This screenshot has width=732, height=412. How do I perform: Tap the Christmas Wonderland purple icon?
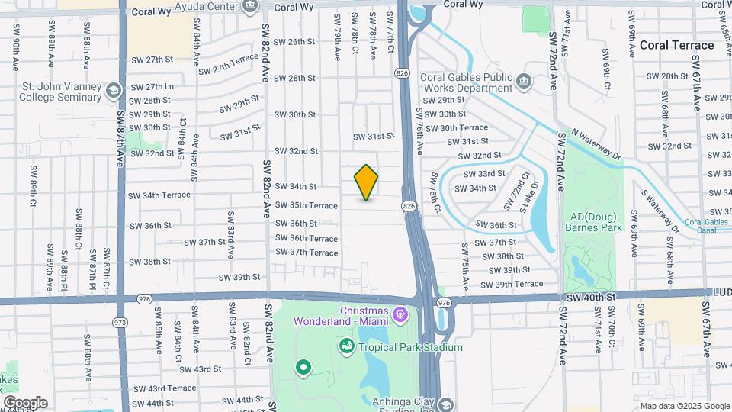point(398,313)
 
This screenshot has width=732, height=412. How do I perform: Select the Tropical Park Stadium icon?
point(347,347)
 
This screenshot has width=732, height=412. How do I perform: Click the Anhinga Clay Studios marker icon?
point(445,404)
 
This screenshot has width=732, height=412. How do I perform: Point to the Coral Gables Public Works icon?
point(523,81)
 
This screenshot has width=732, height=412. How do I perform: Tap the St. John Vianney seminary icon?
point(114,92)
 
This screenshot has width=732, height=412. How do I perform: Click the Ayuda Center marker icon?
point(249,8)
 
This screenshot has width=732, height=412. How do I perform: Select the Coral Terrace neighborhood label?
point(677,45)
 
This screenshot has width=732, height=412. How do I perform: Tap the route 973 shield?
point(120,322)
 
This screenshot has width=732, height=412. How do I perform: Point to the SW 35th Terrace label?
point(307,205)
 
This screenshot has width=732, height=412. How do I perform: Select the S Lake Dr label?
point(529,196)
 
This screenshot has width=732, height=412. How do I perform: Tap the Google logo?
point(25,402)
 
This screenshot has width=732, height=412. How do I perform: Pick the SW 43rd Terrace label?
point(165,388)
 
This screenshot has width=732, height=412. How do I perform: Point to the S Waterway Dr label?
point(660,211)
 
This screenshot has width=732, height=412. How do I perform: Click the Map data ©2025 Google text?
point(684,406)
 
